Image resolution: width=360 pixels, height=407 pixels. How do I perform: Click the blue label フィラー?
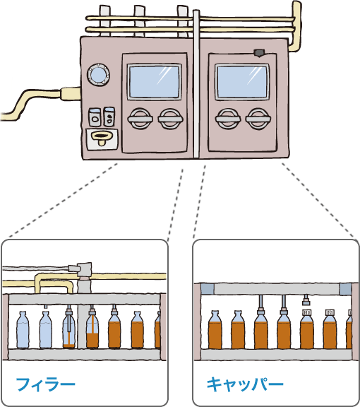tap(46, 384)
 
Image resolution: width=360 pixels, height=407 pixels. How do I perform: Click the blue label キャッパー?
tap(245, 384)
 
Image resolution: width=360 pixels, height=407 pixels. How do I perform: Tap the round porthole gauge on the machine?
tap(98, 74)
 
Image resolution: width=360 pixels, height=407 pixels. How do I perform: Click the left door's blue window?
tap(155, 82)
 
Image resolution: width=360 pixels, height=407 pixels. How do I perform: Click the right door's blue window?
tap(242, 82)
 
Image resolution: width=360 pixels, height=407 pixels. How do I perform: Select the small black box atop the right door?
tap(259, 53)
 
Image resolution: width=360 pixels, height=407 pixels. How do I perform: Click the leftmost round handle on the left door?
tap(140, 119)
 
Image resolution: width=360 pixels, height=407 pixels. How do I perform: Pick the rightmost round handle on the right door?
tap(258, 119)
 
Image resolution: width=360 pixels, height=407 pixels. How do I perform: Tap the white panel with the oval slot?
tap(102, 139)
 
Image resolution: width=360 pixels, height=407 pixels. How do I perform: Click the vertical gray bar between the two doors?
tap(196, 84)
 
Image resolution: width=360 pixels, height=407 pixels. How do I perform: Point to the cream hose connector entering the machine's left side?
tap(71, 94)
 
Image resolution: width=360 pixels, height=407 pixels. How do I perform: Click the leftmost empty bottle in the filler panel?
tap(23, 330)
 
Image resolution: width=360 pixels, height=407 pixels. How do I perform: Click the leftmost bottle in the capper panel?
tap(215, 330)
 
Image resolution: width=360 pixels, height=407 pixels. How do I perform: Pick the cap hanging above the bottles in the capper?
tap(306, 302)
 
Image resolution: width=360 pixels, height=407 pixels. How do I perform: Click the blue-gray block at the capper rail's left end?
tap(208, 288)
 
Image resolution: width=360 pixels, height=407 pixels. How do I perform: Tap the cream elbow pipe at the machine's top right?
tap(296, 26)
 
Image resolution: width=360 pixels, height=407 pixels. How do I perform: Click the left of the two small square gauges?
tap(95, 117)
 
